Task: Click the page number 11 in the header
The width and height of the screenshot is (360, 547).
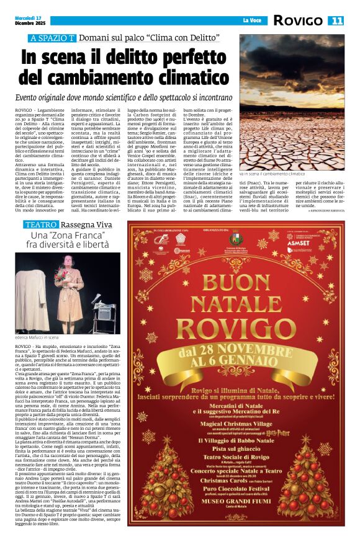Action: pos(337,20)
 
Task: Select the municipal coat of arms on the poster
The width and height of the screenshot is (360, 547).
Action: pos(236,239)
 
